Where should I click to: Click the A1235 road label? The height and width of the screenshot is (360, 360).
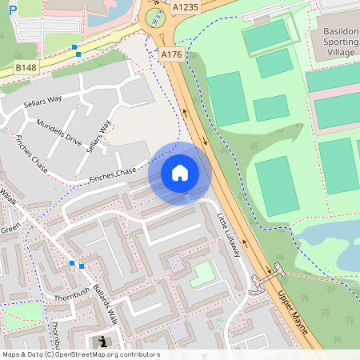(x=186, y=6)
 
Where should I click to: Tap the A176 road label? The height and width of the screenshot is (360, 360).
(x=171, y=54)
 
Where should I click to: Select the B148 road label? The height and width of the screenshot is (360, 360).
(x=26, y=69)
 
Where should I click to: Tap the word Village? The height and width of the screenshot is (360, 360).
(x=339, y=52)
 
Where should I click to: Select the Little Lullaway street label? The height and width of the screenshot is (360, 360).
(x=229, y=234)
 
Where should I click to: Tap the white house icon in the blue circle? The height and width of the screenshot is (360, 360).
(x=180, y=172)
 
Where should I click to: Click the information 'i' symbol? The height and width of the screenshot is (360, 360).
(x=102, y=342)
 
